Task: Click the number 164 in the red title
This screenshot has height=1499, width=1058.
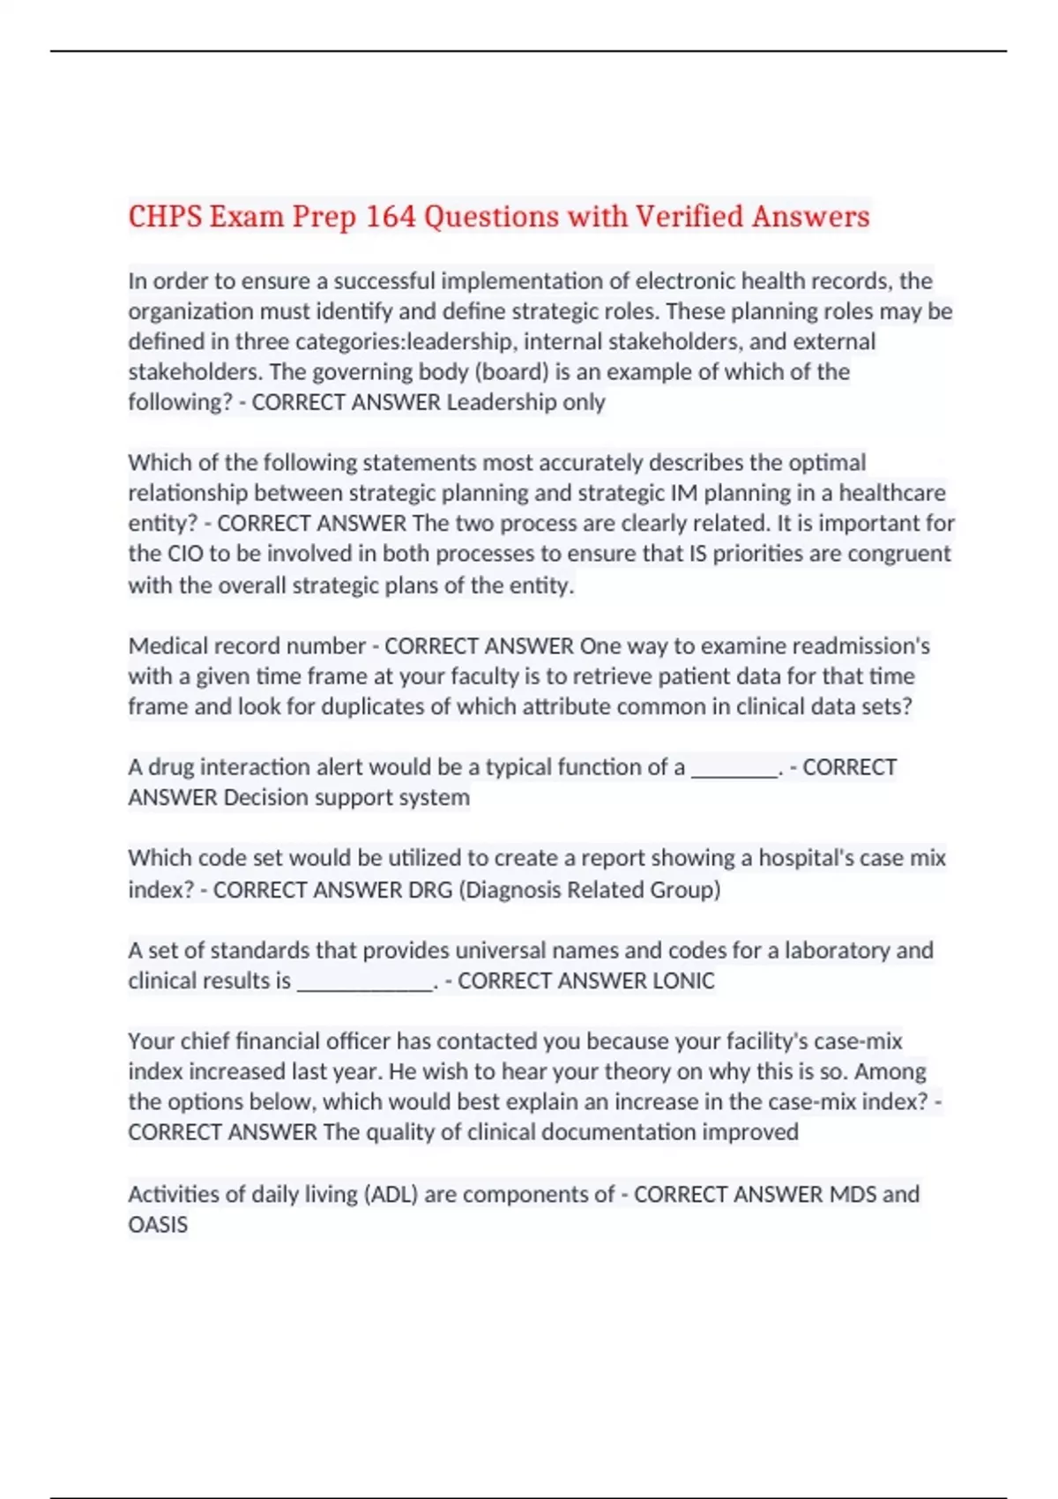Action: coord(391,216)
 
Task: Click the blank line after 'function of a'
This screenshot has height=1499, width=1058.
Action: coord(734,768)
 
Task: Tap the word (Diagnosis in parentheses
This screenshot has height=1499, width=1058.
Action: coord(509,889)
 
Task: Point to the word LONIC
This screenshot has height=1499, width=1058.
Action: coord(682,981)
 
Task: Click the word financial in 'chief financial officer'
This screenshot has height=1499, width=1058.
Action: coord(266,1040)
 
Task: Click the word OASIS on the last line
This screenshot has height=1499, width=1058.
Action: coord(158,1225)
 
